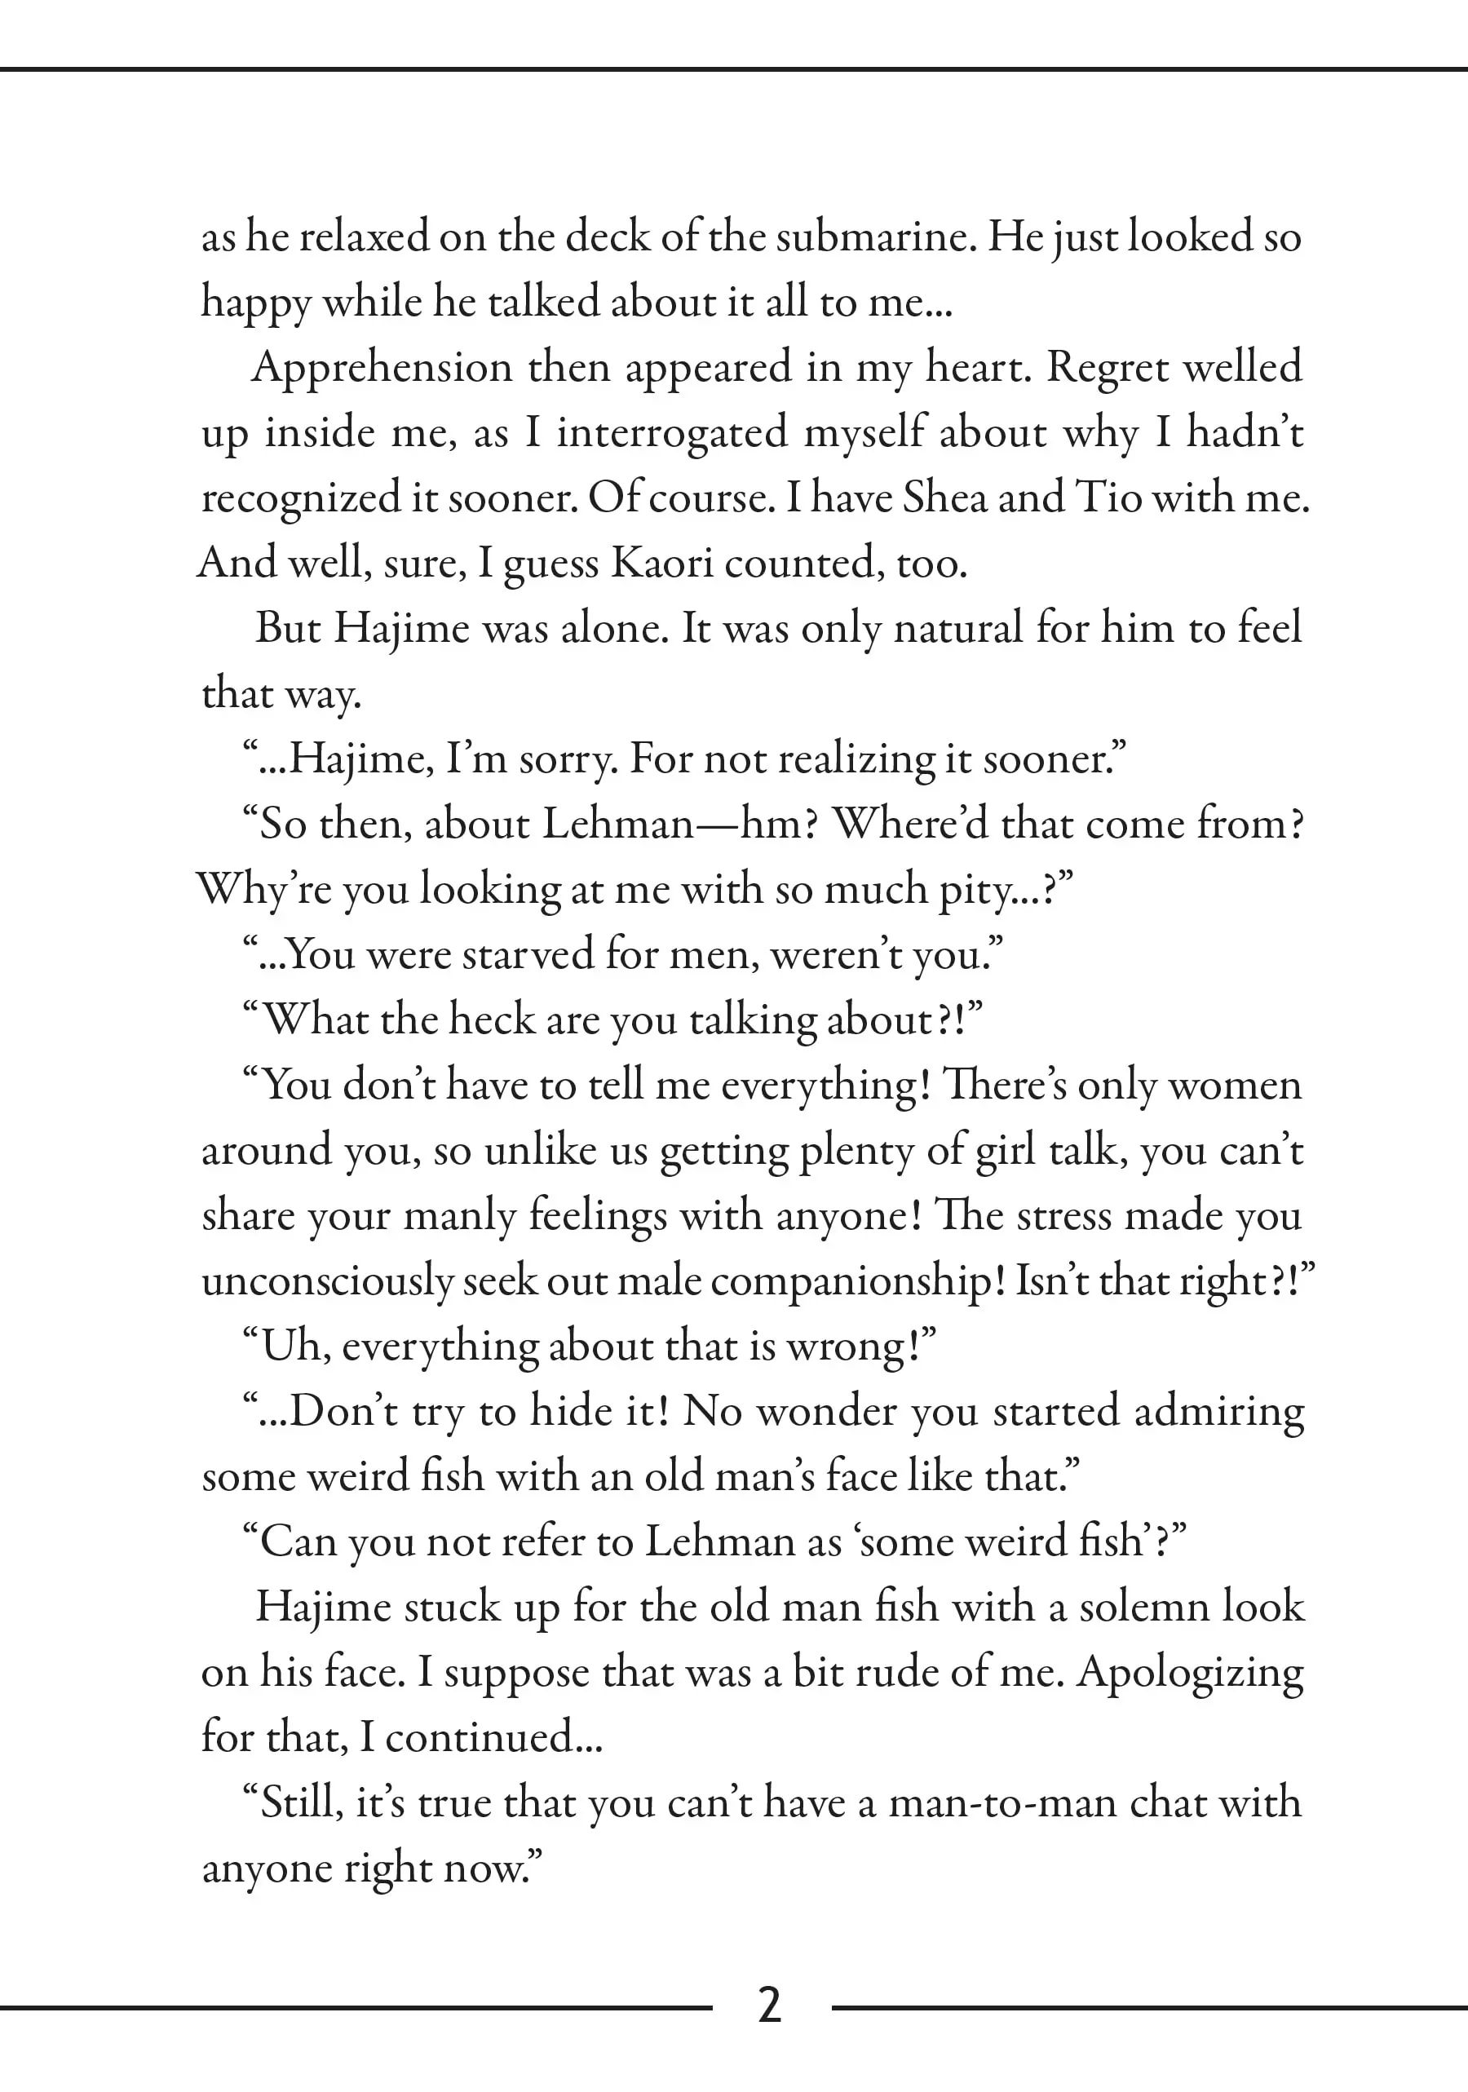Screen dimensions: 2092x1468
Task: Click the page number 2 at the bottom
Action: click(x=769, y=2006)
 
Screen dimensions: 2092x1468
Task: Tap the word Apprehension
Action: click(x=382, y=368)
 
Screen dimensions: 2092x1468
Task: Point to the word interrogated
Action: click(x=673, y=434)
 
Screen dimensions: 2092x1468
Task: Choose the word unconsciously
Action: click(x=327, y=1281)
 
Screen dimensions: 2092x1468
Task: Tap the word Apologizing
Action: click(x=1190, y=1673)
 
